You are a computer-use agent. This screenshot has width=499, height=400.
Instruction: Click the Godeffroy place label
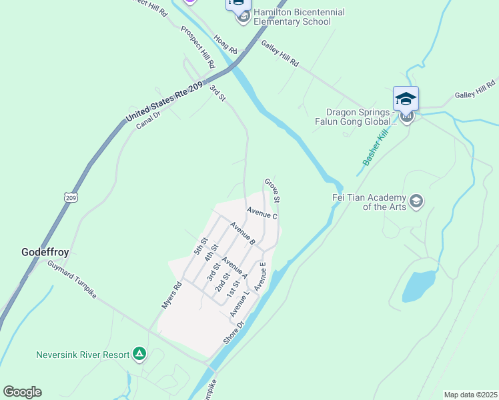point(45,253)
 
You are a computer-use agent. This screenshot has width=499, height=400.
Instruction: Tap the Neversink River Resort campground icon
point(139,354)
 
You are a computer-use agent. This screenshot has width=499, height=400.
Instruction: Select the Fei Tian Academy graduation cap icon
point(416,201)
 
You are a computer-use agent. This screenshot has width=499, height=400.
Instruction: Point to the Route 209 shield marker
point(71,197)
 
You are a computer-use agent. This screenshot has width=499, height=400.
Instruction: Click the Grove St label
point(272,191)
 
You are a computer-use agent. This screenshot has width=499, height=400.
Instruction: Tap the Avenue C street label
point(262,213)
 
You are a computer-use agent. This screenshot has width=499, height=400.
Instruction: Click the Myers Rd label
point(171,295)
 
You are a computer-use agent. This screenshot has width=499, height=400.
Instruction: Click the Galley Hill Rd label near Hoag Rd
point(280,53)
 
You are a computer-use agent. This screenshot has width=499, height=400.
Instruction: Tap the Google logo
point(22,392)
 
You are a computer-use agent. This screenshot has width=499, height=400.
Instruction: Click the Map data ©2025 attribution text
point(470,395)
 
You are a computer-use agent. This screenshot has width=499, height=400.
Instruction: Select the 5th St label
point(201,246)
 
